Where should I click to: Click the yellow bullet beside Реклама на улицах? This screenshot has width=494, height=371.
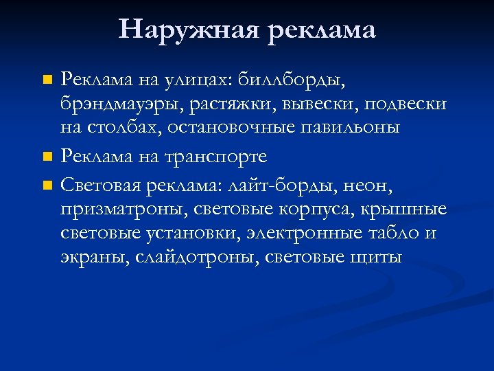(x=47, y=81)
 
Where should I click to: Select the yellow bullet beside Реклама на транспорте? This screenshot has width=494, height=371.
(x=47, y=157)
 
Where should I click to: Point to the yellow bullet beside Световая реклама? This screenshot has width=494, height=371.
(x=47, y=184)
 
